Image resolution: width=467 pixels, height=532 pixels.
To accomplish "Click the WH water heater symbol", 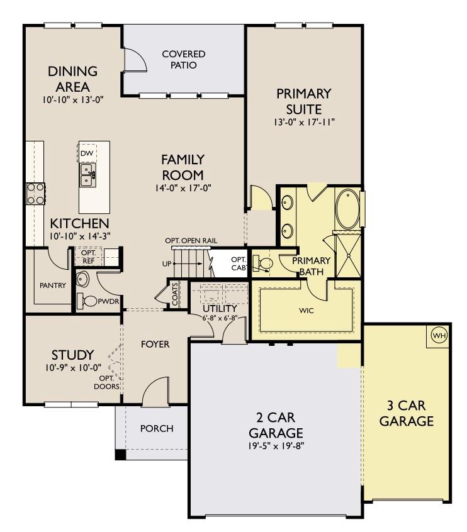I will [x=439, y=336].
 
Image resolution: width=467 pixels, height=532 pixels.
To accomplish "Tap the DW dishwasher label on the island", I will [x=87, y=153].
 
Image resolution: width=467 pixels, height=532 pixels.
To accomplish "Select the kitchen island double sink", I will [x=87, y=175].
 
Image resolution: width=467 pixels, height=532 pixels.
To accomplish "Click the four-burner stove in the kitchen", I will [x=35, y=193].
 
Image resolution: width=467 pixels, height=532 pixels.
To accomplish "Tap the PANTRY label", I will [x=52, y=285].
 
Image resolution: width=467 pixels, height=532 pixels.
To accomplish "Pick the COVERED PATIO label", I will [x=183, y=60].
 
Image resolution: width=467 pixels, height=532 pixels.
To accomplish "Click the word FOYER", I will [x=154, y=344].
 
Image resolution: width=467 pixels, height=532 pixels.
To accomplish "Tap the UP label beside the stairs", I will [x=167, y=263].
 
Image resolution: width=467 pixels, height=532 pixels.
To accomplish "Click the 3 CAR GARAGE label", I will [x=407, y=413].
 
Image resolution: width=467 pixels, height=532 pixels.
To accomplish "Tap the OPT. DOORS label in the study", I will [x=108, y=383].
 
